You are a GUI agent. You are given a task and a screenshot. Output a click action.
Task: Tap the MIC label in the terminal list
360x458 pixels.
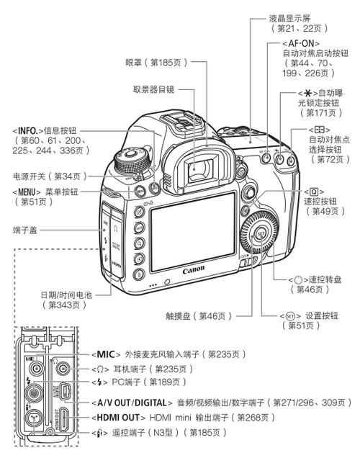coord(105,354)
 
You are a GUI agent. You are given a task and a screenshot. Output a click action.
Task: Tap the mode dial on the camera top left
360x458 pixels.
coord(132,158)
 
